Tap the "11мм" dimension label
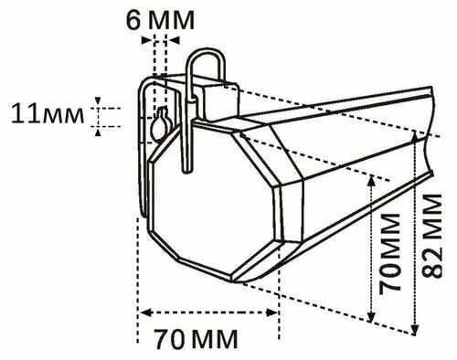45,113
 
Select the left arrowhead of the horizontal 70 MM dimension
142,312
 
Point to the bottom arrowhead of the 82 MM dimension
417,330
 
